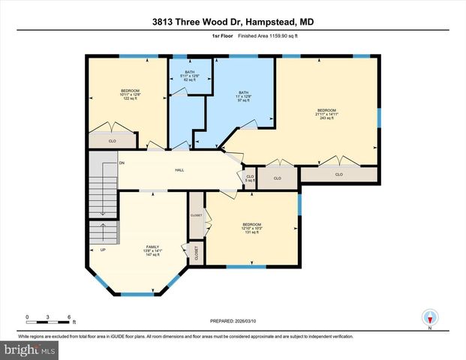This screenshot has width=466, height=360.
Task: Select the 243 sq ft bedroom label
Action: tap(327, 113)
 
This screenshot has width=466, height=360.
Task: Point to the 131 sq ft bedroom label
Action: tap(251, 227)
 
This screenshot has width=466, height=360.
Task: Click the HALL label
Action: tap(180, 170)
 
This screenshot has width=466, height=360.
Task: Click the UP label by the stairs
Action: tap(93, 249)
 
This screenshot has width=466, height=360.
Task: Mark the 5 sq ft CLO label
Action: tap(251, 178)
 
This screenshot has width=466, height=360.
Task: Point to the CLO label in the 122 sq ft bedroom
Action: tap(112, 140)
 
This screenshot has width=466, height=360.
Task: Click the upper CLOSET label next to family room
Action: tap(196, 215)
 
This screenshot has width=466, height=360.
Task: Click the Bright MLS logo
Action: tap(29, 349)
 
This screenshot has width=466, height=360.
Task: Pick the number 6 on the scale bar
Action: tap(69, 317)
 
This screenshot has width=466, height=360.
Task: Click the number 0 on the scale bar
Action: tap(27, 317)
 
